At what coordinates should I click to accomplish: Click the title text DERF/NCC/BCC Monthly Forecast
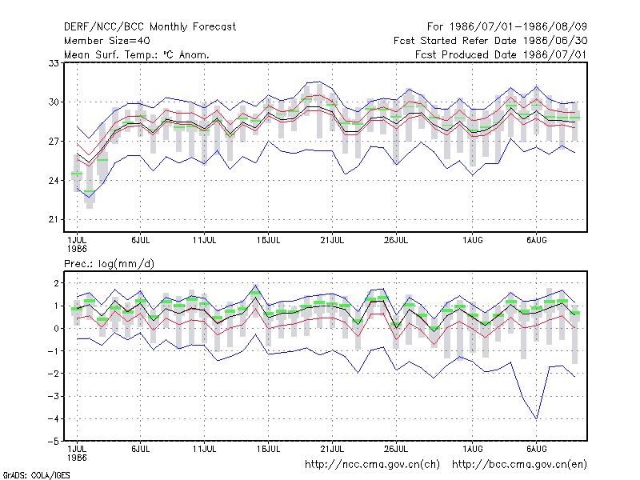(x=150, y=27)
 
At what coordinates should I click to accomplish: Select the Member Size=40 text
(x=107, y=41)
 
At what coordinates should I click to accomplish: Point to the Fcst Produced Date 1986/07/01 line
(x=502, y=54)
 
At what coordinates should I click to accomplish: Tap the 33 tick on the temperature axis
(x=54, y=63)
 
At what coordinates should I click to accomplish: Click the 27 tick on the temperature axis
(x=54, y=142)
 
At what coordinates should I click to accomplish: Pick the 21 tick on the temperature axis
(x=54, y=219)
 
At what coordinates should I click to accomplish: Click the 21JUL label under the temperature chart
(x=332, y=240)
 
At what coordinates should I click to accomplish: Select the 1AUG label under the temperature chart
(x=473, y=240)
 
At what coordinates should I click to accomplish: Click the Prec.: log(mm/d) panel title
(x=109, y=264)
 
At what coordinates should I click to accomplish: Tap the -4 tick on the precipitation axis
(x=54, y=418)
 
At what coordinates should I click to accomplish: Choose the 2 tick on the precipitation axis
(x=56, y=283)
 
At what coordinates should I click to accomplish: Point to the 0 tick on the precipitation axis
(x=56, y=329)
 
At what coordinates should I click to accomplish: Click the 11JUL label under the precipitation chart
(x=205, y=449)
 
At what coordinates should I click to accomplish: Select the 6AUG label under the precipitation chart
(x=536, y=449)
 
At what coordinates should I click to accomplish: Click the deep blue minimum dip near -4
(x=536, y=418)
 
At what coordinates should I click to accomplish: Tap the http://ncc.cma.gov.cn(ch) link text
(x=372, y=465)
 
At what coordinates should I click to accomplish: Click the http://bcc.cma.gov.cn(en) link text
(x=519, y=465)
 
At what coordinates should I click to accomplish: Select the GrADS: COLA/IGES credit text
(x=36, y=475)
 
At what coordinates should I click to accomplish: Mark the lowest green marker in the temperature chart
(x=90, y=191)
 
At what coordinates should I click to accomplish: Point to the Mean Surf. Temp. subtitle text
(x=137, y=54)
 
